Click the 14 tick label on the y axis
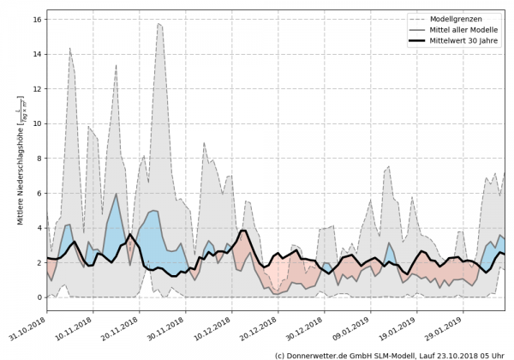pyautogui.click(x=38, y=53)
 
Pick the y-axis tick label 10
pyautogui.click(x=38, y=123)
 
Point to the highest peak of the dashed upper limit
pyautogui.click(x=159, y=24)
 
